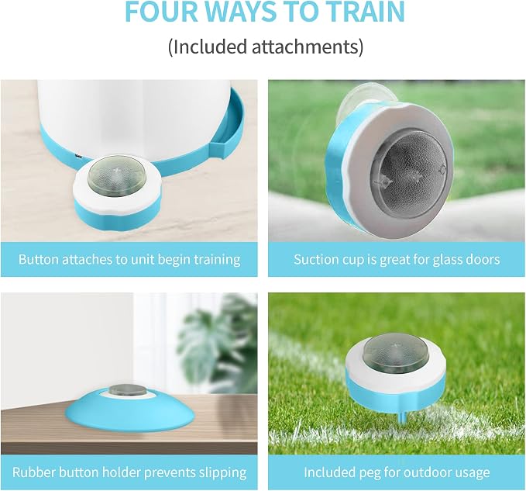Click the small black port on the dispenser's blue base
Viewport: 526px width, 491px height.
(78, 156)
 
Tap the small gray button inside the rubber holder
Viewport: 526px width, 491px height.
(129, 390)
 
